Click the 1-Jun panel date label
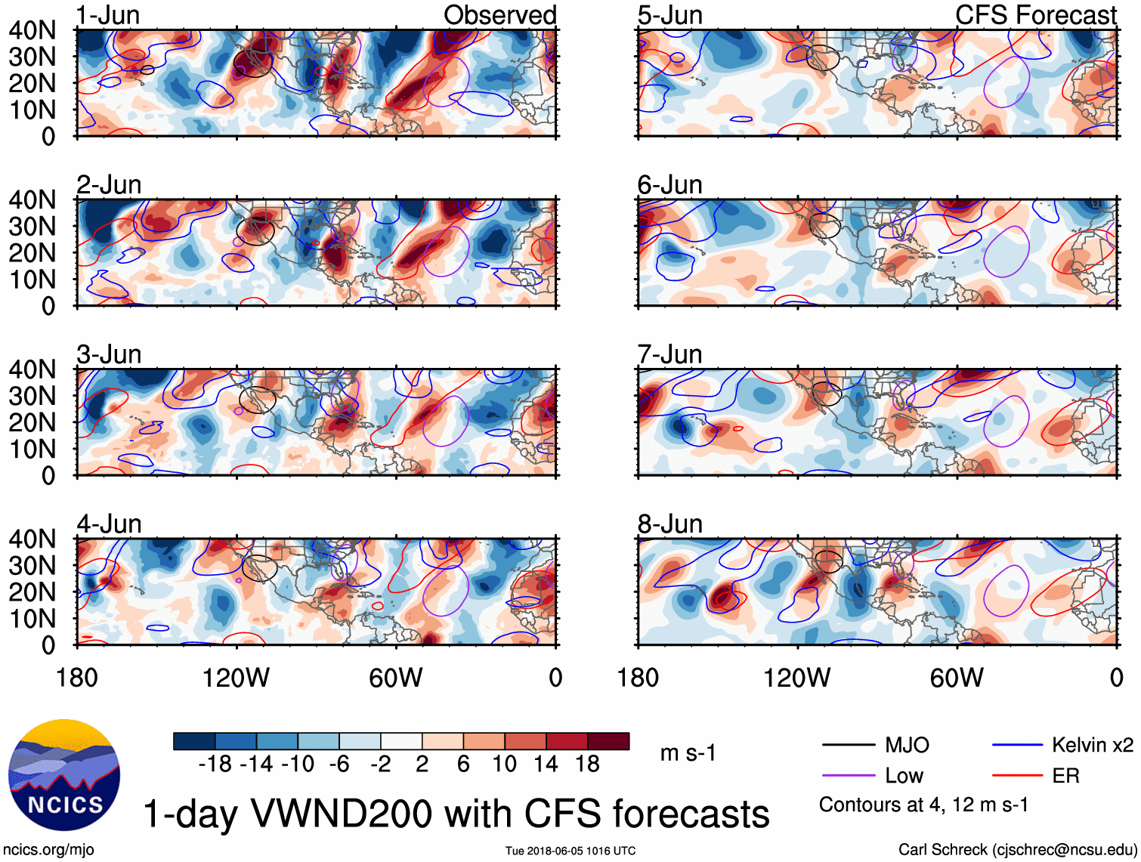[x=108, y=15]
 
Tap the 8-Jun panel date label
[x=669, y=524]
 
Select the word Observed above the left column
[x=499, y=15]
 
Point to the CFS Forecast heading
[x=1035, y=15]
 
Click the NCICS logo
[x=64, y=774]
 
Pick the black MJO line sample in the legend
[x=848, y=746]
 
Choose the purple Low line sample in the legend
[x=848, y=776]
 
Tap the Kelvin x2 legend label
[x=1092, y=746]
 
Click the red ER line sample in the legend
[x=1017, y=776]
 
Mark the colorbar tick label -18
[x=215, y=765]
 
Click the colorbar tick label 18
[x=587, y=765]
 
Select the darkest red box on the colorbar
[x=608, y=741]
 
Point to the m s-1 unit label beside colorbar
[x=688, y=753]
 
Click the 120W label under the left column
[x=236, y=678]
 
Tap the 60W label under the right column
[x=957, y=678]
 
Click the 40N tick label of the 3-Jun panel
[x=32, y=369]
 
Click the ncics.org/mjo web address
[x=49, y=850]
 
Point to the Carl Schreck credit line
[x=1017, y=850]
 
